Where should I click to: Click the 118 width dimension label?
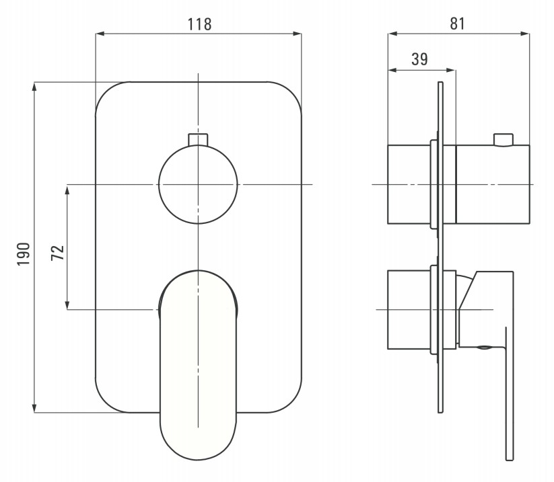[x=199, y=24]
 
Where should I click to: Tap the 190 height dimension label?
[x=24, y=254]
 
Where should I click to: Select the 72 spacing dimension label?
[x=58, y=253]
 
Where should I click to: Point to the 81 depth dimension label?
[x=458, y=24]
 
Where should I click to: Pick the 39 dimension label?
[x=419, y=59]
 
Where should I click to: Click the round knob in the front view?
[x=198, y=184]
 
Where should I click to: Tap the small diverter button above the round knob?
[x=198, y=139]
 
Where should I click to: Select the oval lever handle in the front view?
[x=198, y=365]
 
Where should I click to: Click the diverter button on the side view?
[x=503, y=139]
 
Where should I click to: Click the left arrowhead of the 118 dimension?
[x=100, y=34]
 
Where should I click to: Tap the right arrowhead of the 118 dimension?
[x=297, y=34]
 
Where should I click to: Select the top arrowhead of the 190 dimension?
[x=34, y=87]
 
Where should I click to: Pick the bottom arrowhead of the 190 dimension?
[x=34, y=408]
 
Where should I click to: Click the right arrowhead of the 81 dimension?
[x=525, y=34]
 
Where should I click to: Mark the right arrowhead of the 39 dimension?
[x=451, y=70]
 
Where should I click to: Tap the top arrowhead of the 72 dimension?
[x=67, y=189]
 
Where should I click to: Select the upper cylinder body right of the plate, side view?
[x=493, y=184]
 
